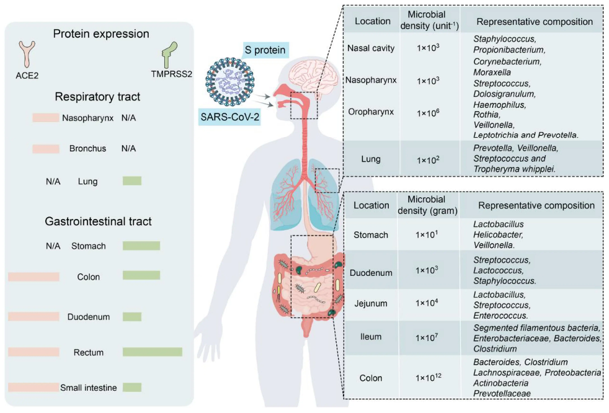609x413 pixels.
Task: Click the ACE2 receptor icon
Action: (x=27, y=54)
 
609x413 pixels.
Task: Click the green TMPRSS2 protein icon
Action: (x=167, y=56)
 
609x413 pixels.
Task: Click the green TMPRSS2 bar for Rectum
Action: (x=152, y=352)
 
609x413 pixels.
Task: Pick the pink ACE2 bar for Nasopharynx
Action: (x=45, y=117)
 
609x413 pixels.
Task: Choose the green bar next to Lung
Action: (x=131, y=181)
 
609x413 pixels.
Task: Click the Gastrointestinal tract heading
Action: (x=98, y=221)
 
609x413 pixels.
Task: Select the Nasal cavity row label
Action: (x=371, y=48)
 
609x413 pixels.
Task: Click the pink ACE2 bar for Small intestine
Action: (x=34, y=388)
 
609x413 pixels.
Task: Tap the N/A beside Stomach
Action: (x=53, y=246)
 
